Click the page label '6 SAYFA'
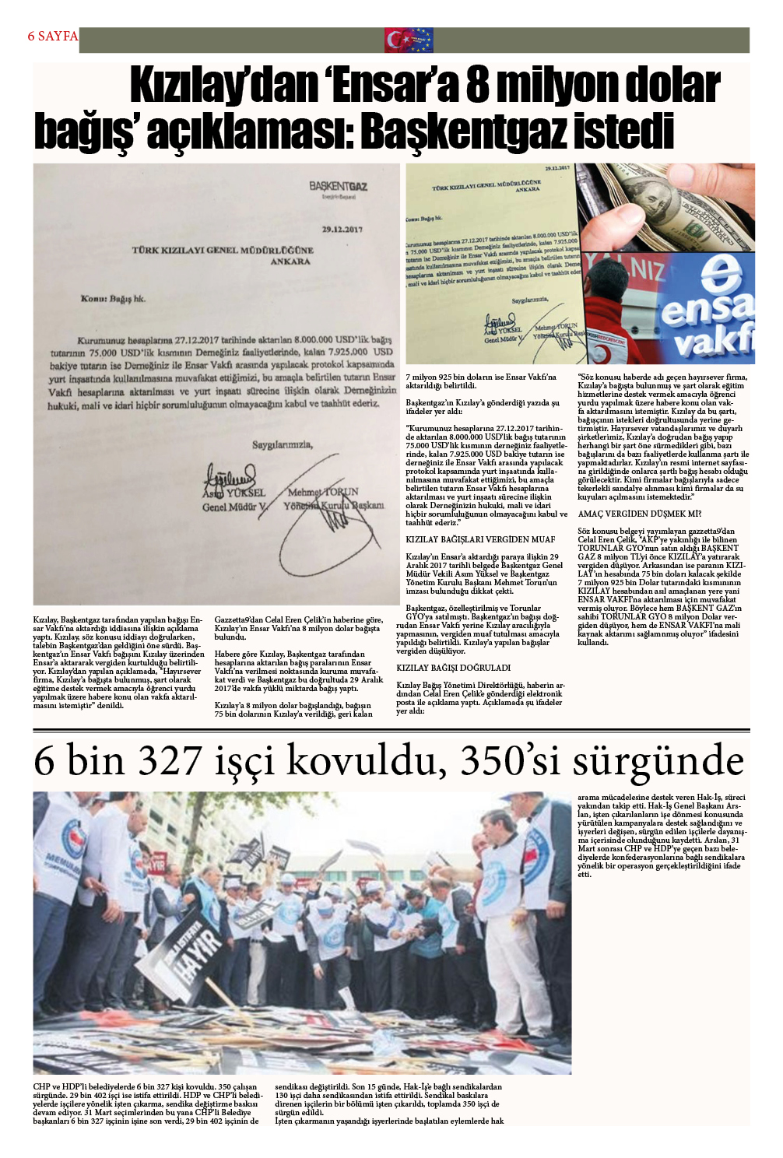(x=53, y=37)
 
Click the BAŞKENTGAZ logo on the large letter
(x=338, y=187)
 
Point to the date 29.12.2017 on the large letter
(x=342, y=230)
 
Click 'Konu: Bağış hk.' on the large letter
(x=113, y=299)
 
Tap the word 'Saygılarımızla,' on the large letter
(x=282, y=445)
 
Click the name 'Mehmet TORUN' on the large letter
(x=323, y=492)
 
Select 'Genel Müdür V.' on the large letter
(x=234, y=507)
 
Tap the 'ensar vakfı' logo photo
(x=700, y=307)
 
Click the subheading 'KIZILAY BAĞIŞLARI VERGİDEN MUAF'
(x=480, y=539)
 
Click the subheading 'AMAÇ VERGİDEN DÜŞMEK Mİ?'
(x=639, y=514)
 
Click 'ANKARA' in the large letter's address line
(x=290, y=262)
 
